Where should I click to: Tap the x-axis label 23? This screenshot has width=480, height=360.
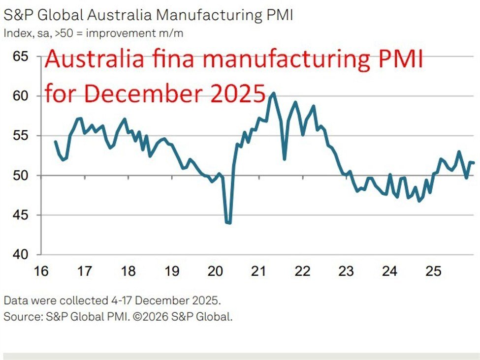tap(346, 270)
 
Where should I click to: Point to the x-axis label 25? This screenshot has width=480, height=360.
tap(433, 270)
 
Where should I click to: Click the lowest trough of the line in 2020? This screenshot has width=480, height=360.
tap(228, 223)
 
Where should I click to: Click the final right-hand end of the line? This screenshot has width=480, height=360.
tap(474, 163)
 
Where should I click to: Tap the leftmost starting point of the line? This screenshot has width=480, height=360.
tap(55, 142)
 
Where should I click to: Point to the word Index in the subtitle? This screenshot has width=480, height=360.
tap(15, 34)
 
